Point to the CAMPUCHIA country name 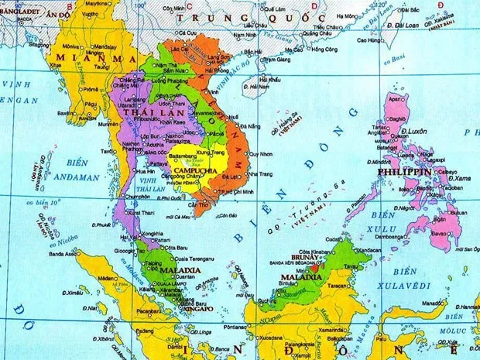point(193,170)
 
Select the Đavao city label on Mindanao point(440,232)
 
